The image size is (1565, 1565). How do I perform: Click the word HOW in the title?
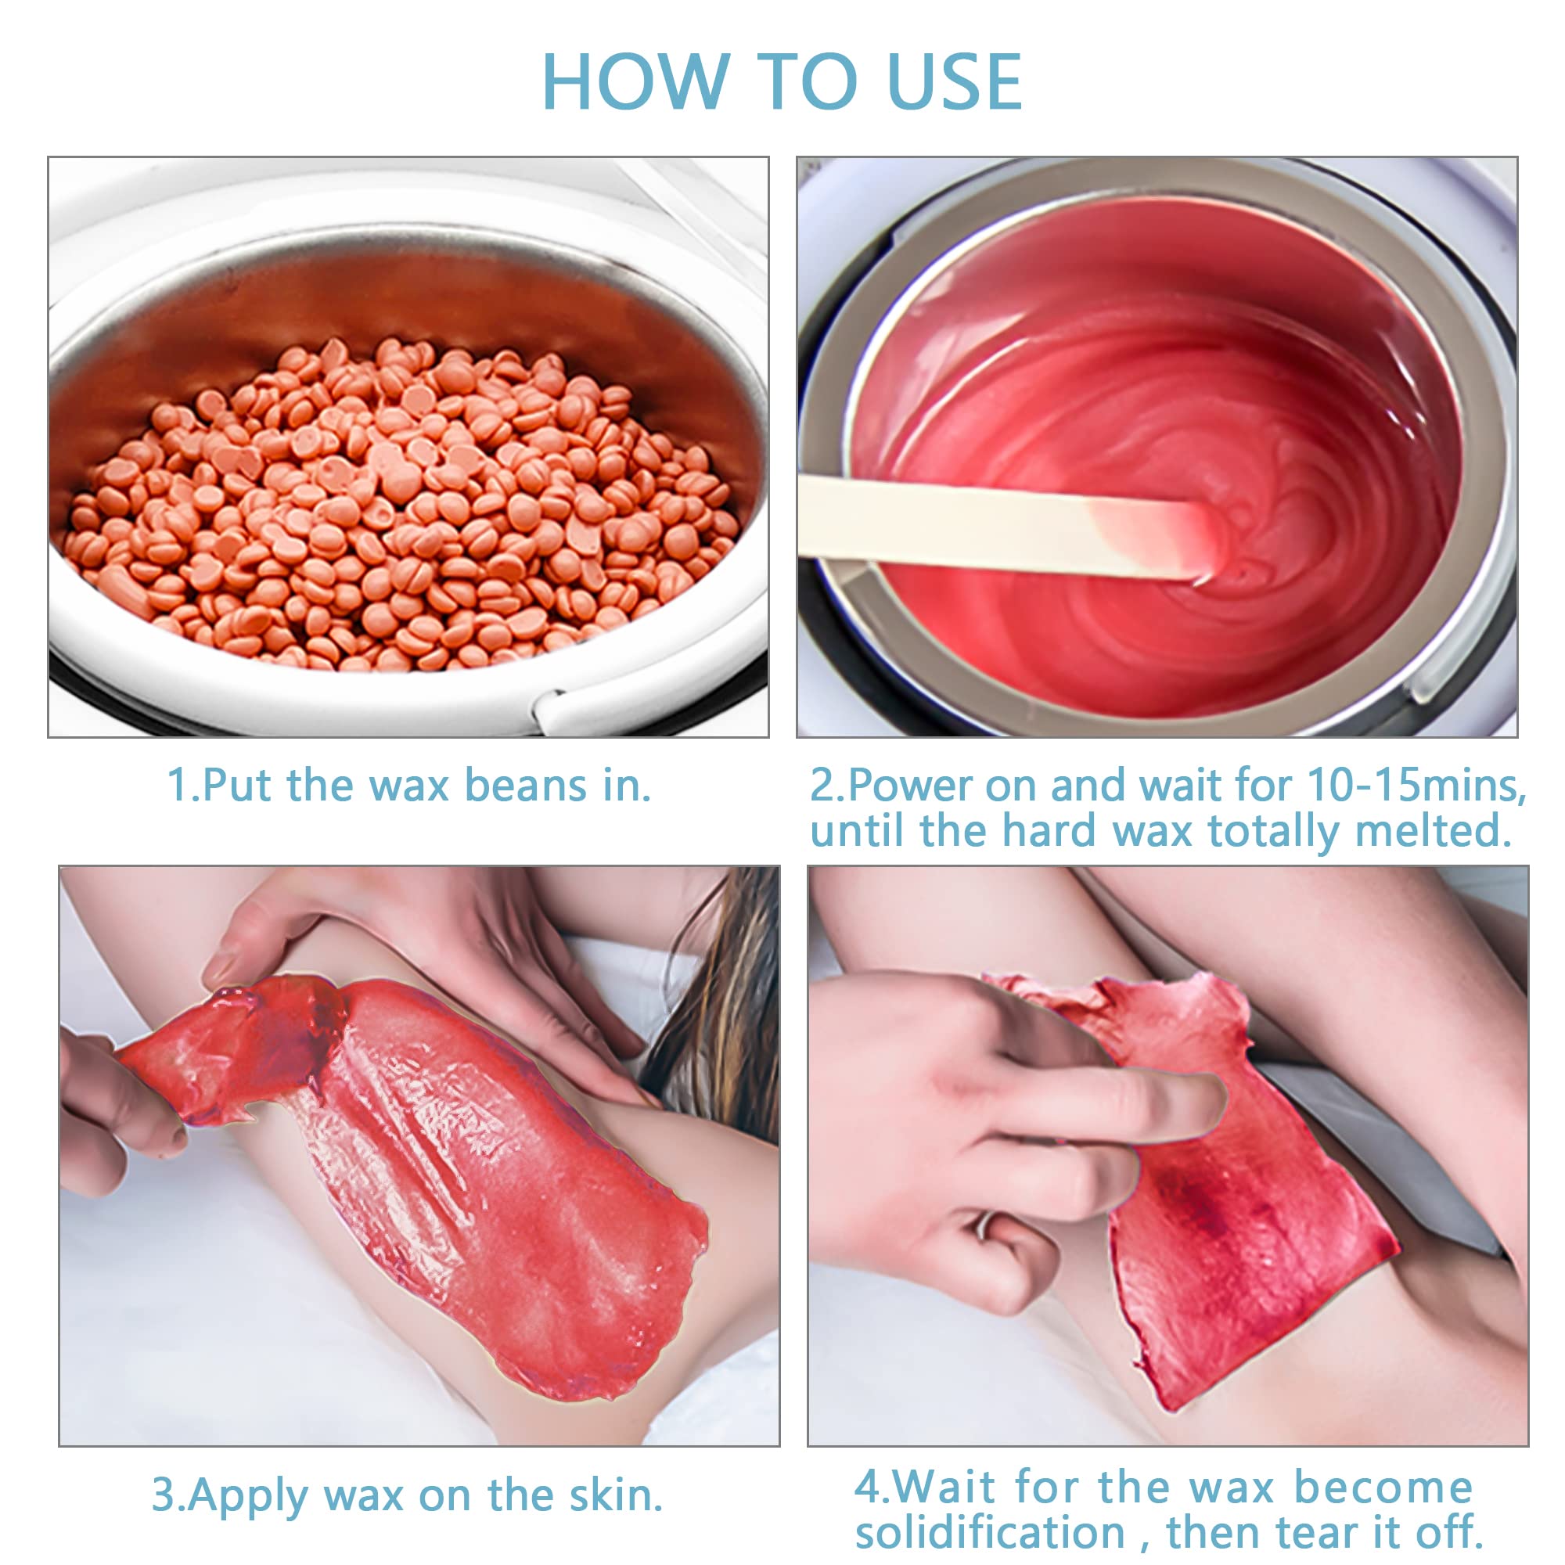[636, 81]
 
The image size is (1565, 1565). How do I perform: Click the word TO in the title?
[808, 81]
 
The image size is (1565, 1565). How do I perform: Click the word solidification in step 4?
[990, 1531]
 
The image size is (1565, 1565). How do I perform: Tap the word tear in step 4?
[1319, 1531]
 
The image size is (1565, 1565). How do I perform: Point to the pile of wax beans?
[402, 505]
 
